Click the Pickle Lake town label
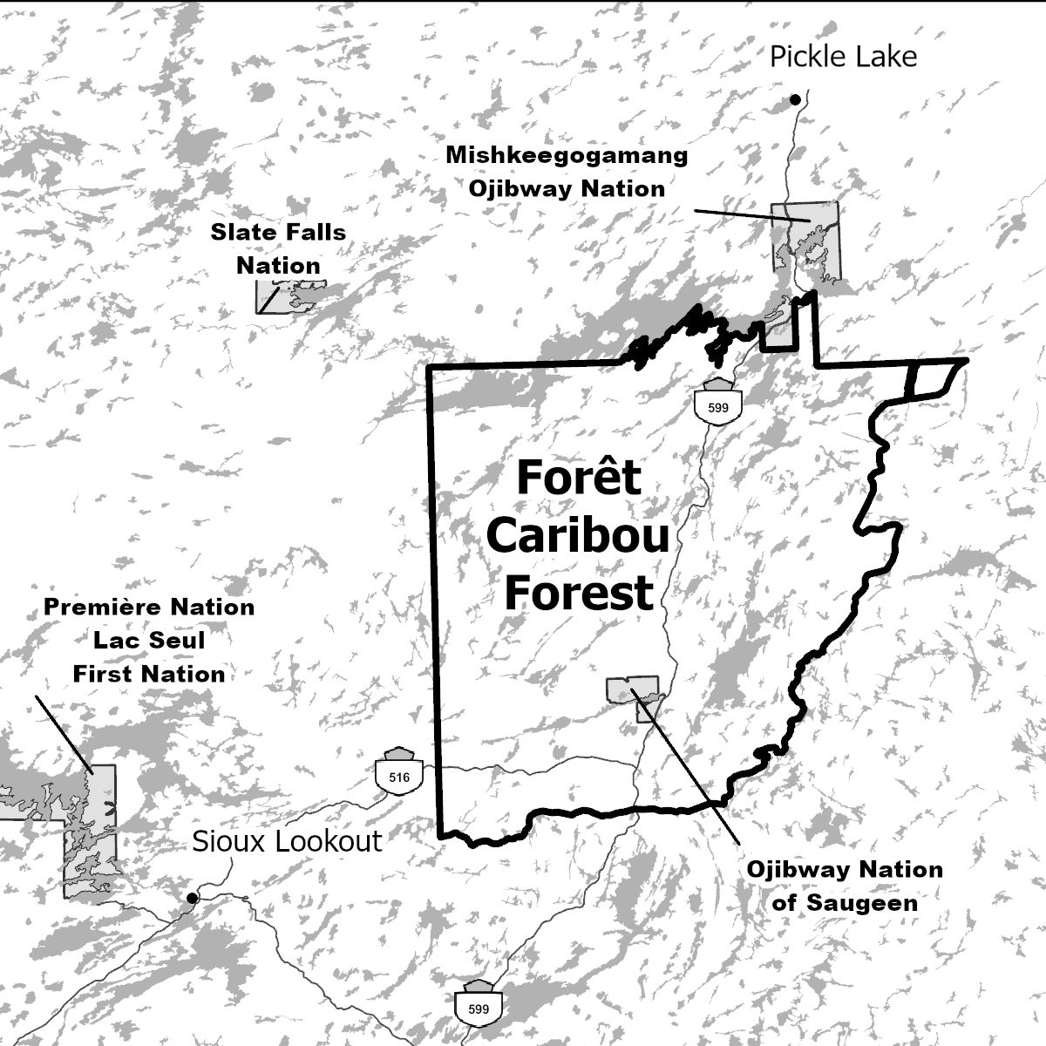pos(843,57)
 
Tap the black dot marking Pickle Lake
pos(795,100)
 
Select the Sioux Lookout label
pos(287,841)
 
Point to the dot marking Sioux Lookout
pos(193,897)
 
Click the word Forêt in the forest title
pos(578,479)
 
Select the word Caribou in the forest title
pos(577,535)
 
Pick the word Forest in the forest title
pos(578,593)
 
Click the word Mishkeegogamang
pos(567,156)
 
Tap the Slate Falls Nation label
pos(278,248)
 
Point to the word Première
pos(97,608)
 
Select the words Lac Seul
pos(149,641)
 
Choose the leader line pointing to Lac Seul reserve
pos(63,733)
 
